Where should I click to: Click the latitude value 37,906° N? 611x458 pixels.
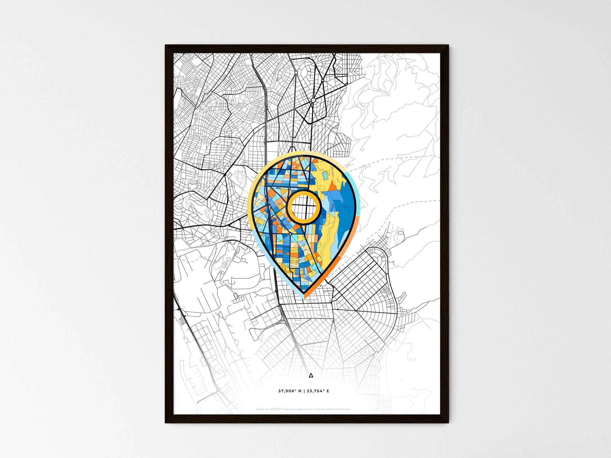coord(289,391)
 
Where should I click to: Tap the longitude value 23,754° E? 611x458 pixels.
coord(318,391)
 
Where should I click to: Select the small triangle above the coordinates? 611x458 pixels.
coord(311,375)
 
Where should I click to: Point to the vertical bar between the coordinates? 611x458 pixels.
coord(304,391)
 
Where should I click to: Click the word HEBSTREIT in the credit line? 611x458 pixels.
coord(276,409)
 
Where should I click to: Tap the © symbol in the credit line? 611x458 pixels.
coord(314,409)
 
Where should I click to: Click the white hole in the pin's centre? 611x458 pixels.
coord(304,207)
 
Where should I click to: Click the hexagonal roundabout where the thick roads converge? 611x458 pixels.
coord(313,100)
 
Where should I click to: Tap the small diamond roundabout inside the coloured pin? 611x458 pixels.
coord(291,234)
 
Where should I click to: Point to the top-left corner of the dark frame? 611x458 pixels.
coord(166,46)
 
